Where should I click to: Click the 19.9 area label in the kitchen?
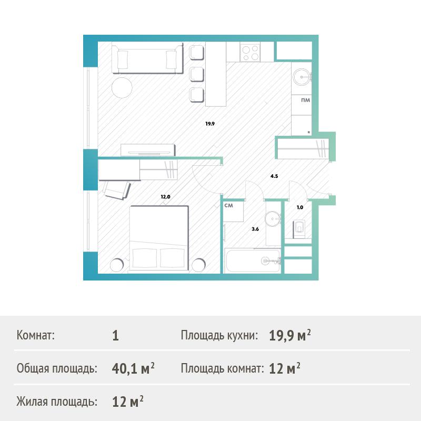tap(210, 124)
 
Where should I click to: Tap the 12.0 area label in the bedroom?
tap(165, 196)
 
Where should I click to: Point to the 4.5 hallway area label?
tap(274, 176)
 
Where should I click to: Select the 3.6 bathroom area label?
tap(255, 229)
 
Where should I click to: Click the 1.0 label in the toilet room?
tap(300, 207)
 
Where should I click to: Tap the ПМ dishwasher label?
tap(306, 100)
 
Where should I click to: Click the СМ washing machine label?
tap(229, 206)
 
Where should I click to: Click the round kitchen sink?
tap(302, 77)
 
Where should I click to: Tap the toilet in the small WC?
tap(299, 229)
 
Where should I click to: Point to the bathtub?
tap(253, 260)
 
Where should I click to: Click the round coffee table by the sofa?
tap(122, 88)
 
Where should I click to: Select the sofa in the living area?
tap(147, 58)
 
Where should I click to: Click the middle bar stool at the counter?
tap(197, 74)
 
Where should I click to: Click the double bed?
tap(159, 238)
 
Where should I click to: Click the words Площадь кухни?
tap(219, 335)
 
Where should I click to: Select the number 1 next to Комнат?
tap(115, 336)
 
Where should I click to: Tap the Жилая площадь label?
tap(57, 402)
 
